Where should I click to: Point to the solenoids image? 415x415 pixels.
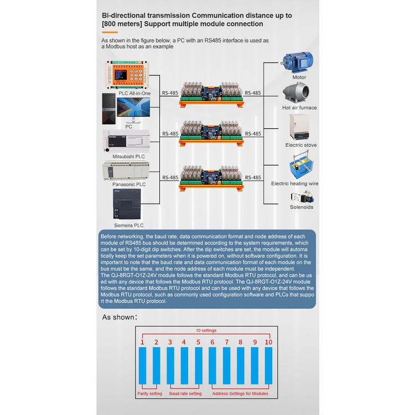tap(302, 198)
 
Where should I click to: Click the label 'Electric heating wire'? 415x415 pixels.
tap(294, 183)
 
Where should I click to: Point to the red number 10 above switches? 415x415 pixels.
tap(268, 343)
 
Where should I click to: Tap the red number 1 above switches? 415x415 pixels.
tap(142, 343)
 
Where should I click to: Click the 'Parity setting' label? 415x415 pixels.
tap(149, 393)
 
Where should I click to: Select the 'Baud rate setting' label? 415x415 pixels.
tap(185, 393)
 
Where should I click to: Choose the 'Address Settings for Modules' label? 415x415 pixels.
tap(241, 393)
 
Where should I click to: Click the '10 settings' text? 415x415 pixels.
tap(206, 330)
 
